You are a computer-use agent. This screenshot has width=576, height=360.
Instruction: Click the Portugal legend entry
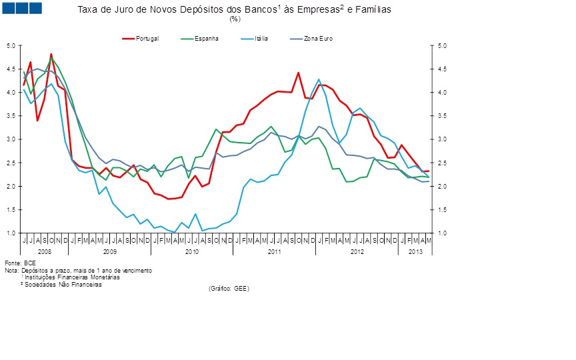147,38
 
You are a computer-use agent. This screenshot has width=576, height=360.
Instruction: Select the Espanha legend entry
206,38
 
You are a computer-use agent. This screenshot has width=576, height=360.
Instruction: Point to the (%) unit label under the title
234,19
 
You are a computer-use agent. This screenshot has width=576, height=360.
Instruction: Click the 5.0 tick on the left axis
11,45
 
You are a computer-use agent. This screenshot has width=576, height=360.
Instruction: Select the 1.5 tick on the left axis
11,209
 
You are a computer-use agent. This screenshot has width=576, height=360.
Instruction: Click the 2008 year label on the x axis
44,251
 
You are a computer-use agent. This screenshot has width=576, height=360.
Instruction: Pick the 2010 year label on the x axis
192,251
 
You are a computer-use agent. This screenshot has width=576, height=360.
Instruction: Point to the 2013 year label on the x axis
415,251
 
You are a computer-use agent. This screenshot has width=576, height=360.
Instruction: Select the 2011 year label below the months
274,251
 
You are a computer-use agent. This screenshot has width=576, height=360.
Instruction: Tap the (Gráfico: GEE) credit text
228,288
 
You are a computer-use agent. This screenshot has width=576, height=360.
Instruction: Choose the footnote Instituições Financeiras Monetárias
71,277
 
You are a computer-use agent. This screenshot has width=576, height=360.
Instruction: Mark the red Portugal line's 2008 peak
51,54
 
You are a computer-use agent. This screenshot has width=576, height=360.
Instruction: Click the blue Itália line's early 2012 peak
319,79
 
